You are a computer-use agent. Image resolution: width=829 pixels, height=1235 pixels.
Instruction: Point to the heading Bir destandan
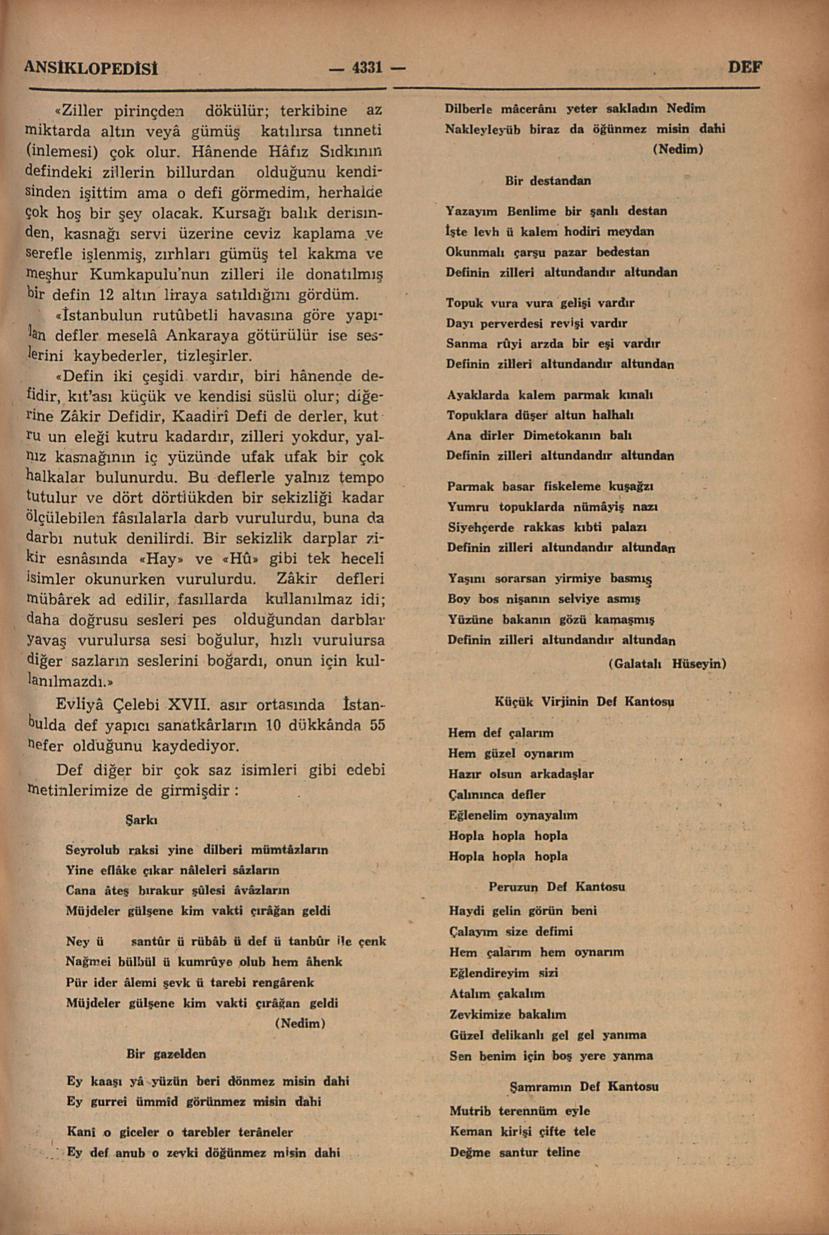click(548, 181)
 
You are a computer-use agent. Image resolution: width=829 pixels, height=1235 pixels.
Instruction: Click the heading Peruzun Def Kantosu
click(557, 886)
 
